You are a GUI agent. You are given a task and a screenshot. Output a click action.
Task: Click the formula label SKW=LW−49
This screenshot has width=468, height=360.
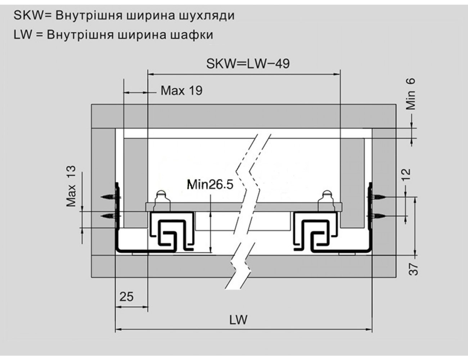[x=248, y=64]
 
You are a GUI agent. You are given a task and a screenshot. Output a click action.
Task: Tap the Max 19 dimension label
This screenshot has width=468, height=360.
[x=181, y=90]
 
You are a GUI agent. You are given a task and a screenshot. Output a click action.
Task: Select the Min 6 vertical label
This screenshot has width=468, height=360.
[x=410, y=94]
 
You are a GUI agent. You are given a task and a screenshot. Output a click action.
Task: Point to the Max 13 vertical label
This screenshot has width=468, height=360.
[x=71, y=186]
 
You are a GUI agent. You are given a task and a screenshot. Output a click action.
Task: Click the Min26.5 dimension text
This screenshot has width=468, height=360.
[x=210, y=185]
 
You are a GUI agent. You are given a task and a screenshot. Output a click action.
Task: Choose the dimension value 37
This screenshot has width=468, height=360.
[x=413, y=269]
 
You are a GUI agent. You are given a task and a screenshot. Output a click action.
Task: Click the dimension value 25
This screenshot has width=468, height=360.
[x=127, y=297]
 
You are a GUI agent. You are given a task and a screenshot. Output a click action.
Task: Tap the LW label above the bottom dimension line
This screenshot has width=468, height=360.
[x=238, y=320]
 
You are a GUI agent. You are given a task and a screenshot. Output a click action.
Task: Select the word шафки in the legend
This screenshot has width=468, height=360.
[x=192, y=35]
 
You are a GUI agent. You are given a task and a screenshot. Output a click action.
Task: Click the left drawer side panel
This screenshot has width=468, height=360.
[x=135, y=183]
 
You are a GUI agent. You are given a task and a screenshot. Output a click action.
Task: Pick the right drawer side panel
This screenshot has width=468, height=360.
[x=352, y=183]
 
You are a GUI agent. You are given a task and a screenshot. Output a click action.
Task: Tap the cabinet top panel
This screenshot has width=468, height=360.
[x=244, y=116]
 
